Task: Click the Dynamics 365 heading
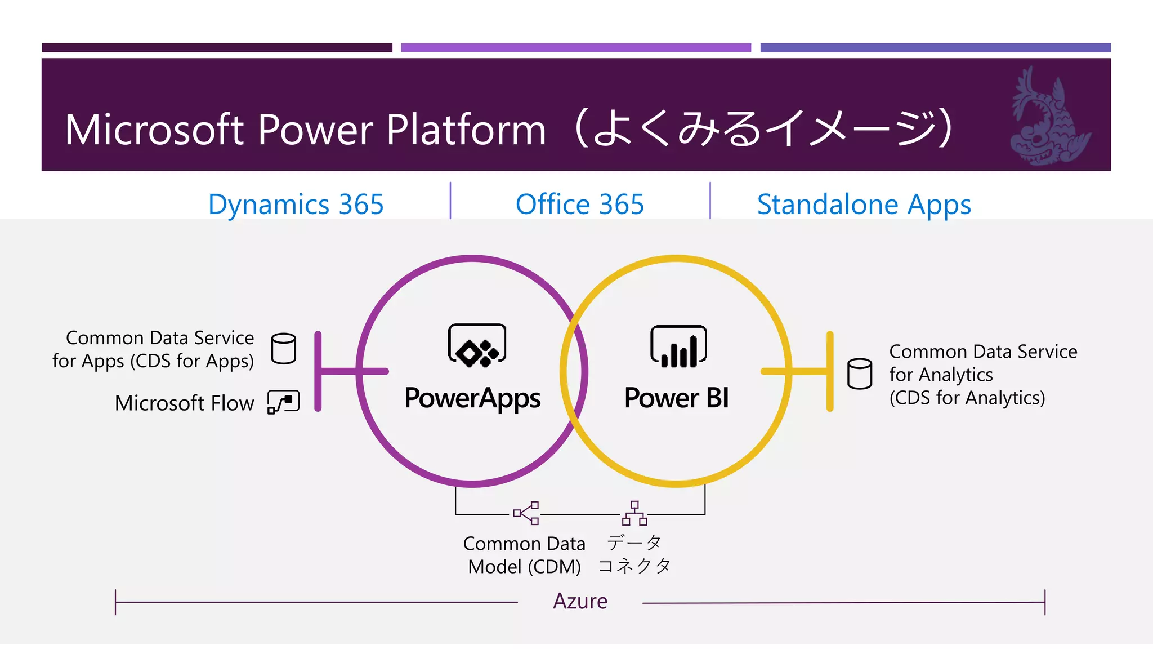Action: pos(296,204)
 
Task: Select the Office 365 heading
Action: pos(579,204)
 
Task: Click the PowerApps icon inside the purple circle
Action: pos(477,345)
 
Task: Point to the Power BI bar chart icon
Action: pos(678,346)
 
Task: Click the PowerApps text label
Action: pos(472,398)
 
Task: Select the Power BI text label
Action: pos(676,398)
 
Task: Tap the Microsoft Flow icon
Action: pos(283,402)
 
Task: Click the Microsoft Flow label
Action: pos(184,403)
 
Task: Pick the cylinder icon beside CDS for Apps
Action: pos(283,348)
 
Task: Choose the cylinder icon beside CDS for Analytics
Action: pos(860,374)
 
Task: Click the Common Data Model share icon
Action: pos(526,513)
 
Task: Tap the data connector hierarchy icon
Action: pos(634,513)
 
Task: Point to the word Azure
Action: pos(580,601)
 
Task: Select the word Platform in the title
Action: pos(466,130)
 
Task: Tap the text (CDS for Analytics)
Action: pos(967,398)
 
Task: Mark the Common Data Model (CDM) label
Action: pos(524,555)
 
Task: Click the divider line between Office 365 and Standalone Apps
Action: pos(710,201)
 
